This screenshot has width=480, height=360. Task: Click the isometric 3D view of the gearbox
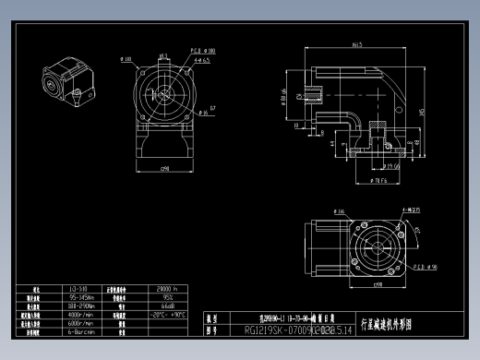pyautogui.click(x=66, y=83)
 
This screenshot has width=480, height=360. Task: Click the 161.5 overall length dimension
pyautogui.click(x=356, y=44)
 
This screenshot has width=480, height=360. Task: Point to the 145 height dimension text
pyautogui.click(x=422, y=112)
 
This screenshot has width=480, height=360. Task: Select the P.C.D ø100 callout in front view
pyautogui.click(x=203, y=51)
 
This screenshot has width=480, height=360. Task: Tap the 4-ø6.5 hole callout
pyautogui.click(x=204, y=59)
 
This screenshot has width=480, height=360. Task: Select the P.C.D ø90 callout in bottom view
pyautogui.click(x=398, y=267)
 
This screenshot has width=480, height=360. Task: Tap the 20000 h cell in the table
pyautogui.click(x=168, y=290)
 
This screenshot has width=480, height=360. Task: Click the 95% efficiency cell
pyautogui.click(x=168, y=298)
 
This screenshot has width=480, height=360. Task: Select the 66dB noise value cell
pyautogui.click(x=168, y=306)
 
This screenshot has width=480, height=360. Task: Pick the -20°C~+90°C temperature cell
pyautogui.click(x=168, y=315)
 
